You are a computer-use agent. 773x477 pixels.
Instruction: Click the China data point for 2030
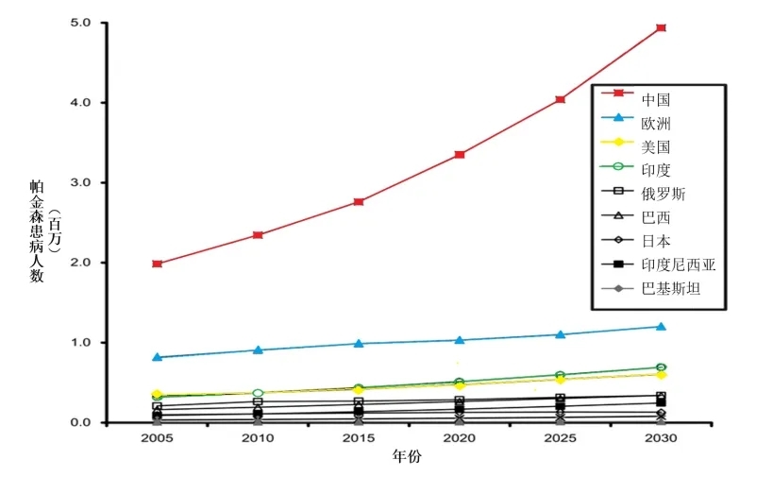tap(662, 28)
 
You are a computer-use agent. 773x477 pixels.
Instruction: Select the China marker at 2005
tap(157, 264)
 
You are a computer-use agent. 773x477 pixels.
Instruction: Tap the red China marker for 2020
tap(460, 154)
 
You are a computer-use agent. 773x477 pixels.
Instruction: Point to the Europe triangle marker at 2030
tap(662, 327)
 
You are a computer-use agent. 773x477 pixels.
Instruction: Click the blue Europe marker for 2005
tap(157, 357)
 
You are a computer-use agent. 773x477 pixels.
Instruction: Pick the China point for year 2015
tap(359, 201)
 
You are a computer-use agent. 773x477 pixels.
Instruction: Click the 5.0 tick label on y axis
tap(82, 23)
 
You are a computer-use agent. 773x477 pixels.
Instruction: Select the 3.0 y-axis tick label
tap(82, 182)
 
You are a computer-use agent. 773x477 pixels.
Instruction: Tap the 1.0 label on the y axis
tap(82, 343)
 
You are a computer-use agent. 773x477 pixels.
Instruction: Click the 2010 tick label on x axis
tap(258, 440)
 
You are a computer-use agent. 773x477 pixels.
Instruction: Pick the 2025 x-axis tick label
tap(561, 440)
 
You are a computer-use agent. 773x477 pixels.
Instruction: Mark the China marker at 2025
tap(561, 99)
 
